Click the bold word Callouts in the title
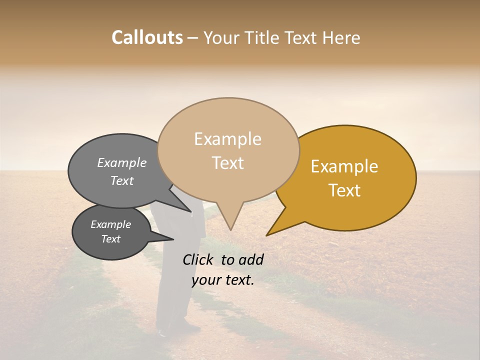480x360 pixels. [x=147, y=37]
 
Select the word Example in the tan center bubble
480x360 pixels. [x=227, y=139]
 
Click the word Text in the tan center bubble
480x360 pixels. [x=227, y=163]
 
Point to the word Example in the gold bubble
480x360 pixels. [x=344, y=166]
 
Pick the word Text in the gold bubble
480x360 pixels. [x=344, y=190]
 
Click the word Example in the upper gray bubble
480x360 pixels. [x=121, y=163]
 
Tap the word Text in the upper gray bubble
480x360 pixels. [x=121, y=181]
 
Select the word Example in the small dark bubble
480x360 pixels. [x=110, y=224]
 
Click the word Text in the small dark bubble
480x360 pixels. [x=110, y=239]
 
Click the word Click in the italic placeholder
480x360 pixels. [x=199, y=259]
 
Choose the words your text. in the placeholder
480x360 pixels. [x=222, y=280]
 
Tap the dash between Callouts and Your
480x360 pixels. [x=193, y=38]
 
